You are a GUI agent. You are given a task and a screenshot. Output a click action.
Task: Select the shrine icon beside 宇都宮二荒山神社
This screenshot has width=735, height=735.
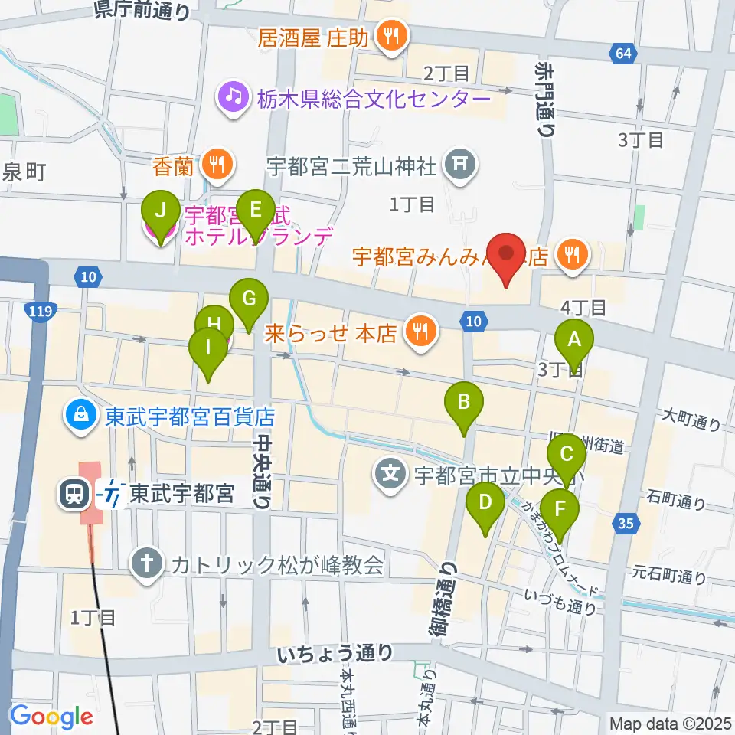click(459, 163)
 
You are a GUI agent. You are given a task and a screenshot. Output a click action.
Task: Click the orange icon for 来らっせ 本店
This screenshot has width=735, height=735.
click(419, 332)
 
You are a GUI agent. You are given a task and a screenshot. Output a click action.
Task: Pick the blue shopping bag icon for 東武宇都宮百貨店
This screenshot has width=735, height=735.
click(80, 416)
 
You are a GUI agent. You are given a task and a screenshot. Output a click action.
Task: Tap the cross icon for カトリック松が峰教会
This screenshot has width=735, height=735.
click(145, 565)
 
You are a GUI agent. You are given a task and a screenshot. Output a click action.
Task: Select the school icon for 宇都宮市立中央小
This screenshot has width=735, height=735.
click(391, 472)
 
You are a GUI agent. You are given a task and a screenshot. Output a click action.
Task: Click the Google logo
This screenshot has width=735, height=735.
click(51, 717)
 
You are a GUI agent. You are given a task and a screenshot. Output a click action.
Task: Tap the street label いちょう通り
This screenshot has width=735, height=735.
click(336, 653)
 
